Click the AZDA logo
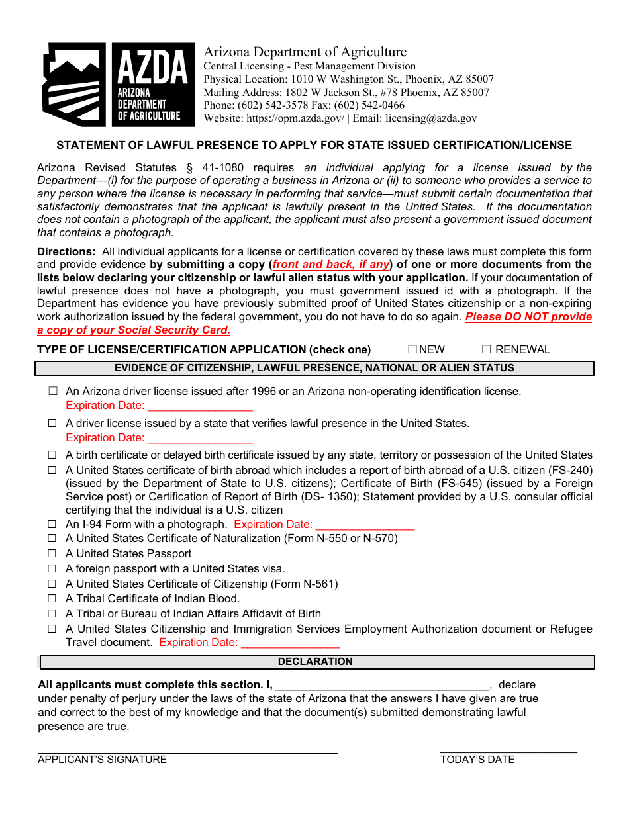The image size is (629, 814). (119, 85)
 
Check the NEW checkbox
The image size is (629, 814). (412, 349)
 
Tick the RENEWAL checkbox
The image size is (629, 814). (486, 349)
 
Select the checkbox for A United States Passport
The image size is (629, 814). (52, 553)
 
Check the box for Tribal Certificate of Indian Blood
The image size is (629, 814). (52, 598)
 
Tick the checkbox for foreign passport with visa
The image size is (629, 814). (52, 568)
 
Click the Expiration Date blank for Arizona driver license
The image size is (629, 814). (199, 406)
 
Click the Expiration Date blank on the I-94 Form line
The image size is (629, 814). (365, 525)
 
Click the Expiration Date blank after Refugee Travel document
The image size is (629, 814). (290, 643)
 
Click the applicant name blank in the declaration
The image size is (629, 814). (382, 685)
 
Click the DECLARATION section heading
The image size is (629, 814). (315, 662)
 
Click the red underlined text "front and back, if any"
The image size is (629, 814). (331, 265)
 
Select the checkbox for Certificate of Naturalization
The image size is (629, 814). (52, 539)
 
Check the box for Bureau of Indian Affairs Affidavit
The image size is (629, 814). (52, 613)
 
